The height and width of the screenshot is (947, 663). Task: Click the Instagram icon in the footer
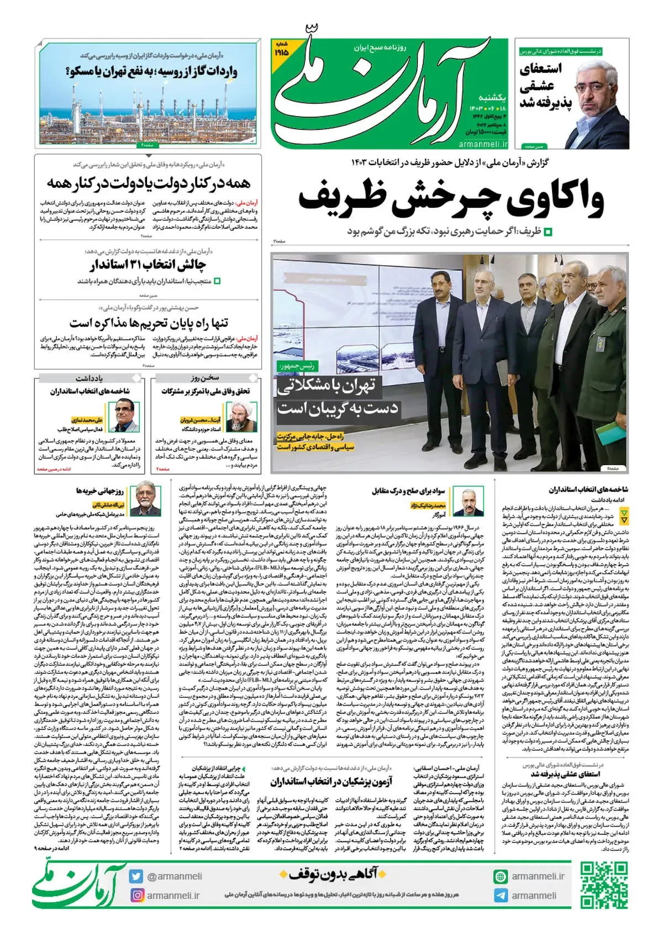(136, 895)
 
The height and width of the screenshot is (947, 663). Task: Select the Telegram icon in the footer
(501, 896)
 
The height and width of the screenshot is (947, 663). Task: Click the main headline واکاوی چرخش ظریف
(451, 199)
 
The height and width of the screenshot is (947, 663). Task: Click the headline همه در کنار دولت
(148, 183)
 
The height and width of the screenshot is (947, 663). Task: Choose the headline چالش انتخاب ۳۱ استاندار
(148, 265)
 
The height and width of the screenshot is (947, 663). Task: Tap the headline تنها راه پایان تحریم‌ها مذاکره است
(148, 323)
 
